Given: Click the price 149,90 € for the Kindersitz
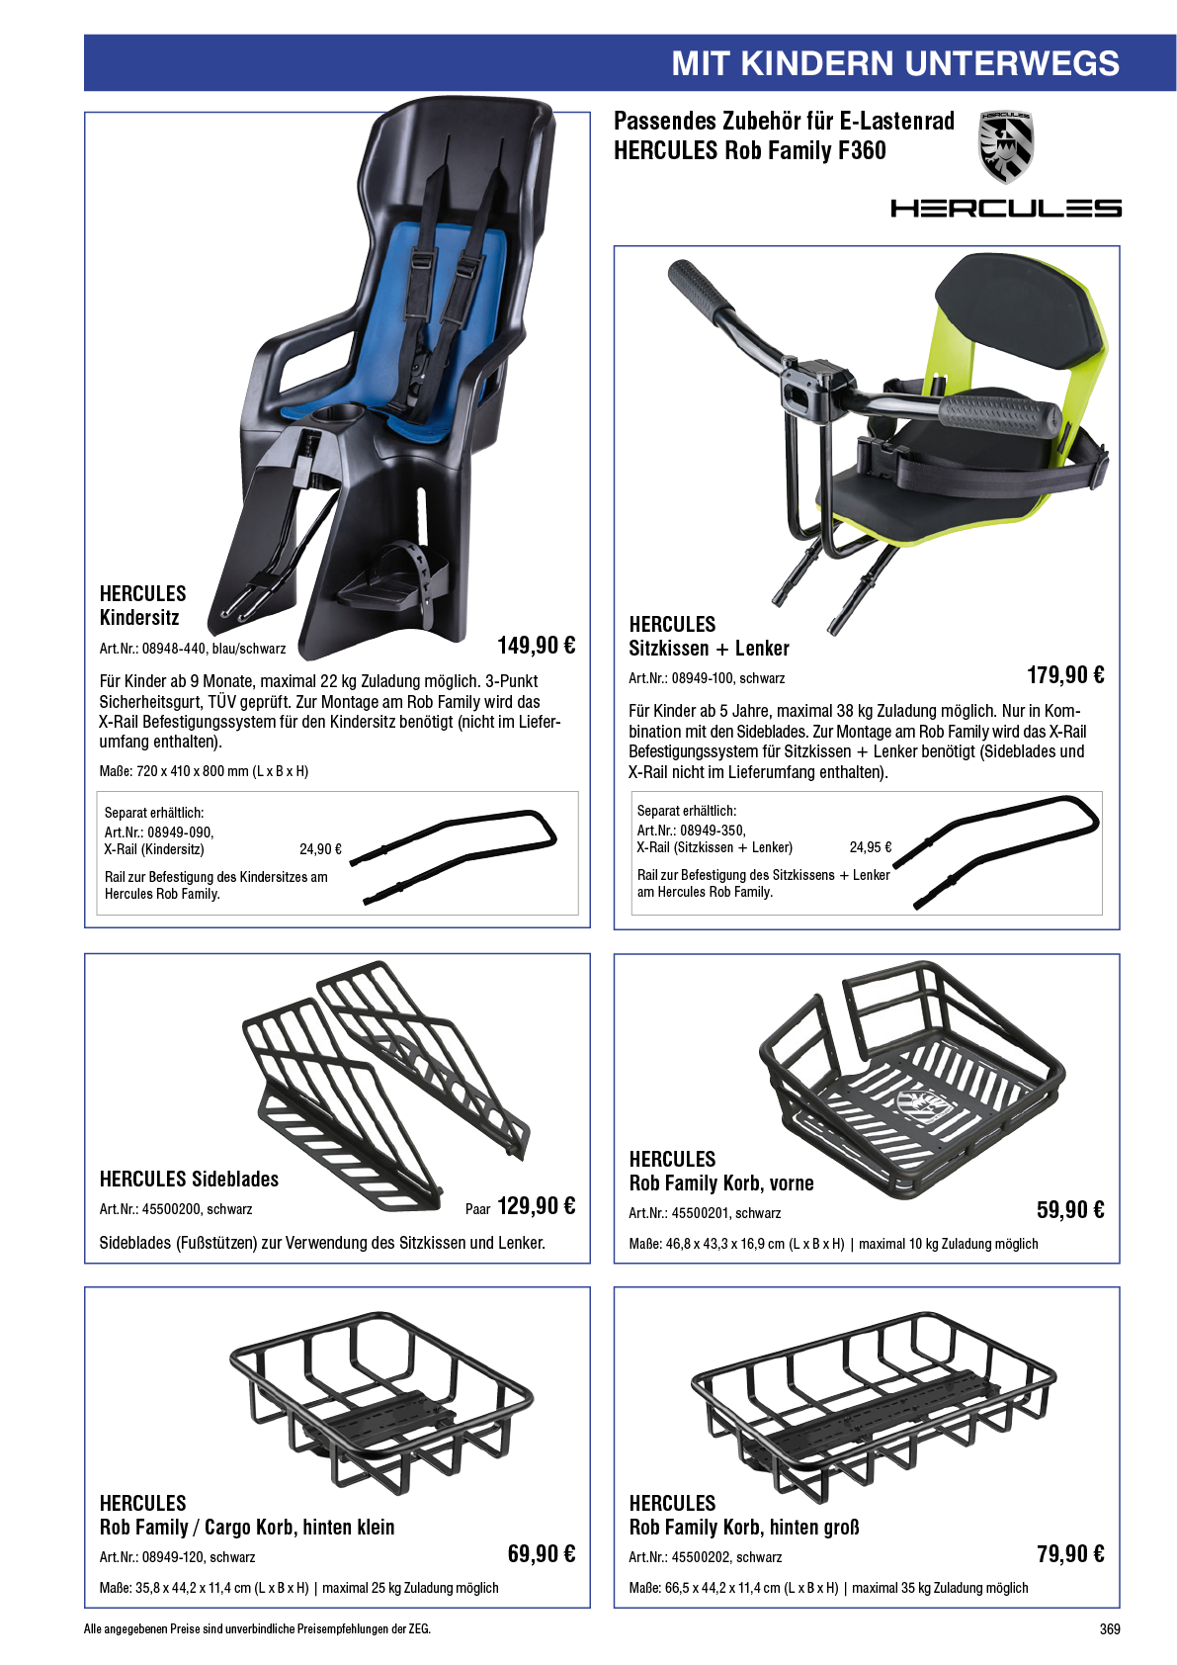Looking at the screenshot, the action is (x=536, y=645).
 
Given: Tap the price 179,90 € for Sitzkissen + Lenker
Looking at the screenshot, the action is (x=1065, y=675).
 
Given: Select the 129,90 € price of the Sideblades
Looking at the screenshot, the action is (x=536, y=1205).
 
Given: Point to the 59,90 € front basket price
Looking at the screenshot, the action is (x=1070, y=1210).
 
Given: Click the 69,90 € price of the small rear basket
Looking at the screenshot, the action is (x=541, y=1553).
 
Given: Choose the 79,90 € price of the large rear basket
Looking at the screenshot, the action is (x=1070, y=1553).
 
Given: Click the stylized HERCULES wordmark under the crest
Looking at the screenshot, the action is (x=1006, y=208).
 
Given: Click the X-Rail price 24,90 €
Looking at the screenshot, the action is (x=320, y=849).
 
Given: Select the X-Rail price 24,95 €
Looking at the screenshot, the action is (x=870, y=846).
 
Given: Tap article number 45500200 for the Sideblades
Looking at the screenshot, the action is (x=171, y=1209).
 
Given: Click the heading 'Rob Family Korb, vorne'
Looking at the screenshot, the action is (x=721, y=1183).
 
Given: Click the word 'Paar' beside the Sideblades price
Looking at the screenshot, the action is (x=477, y=1209).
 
